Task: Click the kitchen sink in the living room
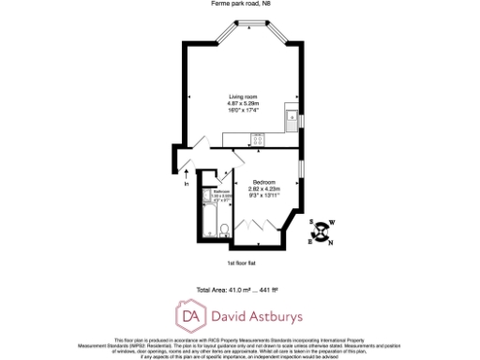(292, 120)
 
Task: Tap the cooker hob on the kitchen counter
(259, 140)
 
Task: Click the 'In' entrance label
(186, 183)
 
